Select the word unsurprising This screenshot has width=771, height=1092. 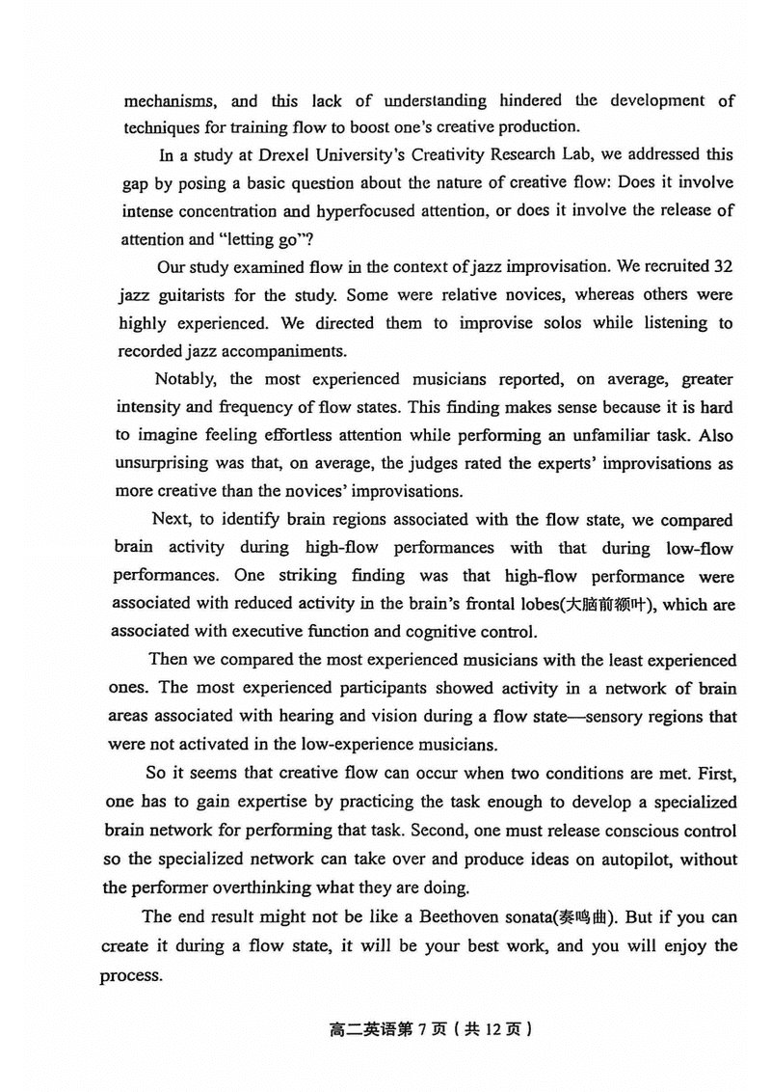tap(164, 464)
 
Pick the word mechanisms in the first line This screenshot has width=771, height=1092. tap(170, 100)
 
